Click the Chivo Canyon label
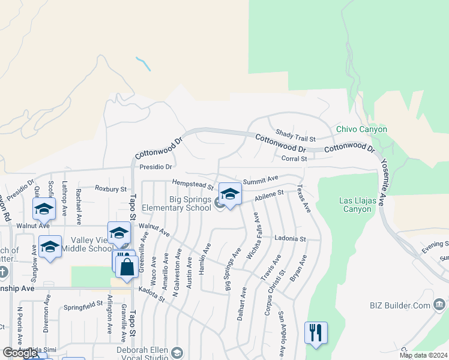[361, 129]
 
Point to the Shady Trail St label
[295, 135]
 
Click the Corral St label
[294, 158]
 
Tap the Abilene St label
[268, 195]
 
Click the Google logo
[20, 353]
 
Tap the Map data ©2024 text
[423, 355]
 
